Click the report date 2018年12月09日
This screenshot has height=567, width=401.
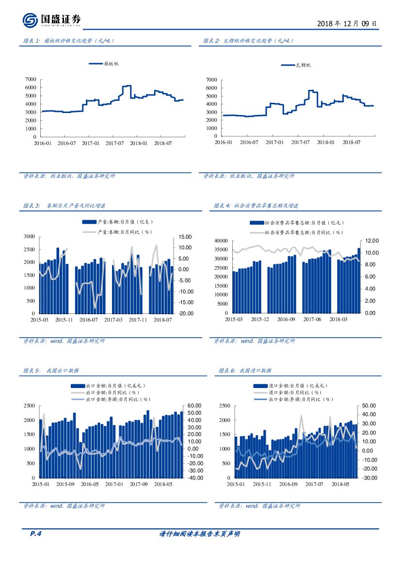tap(346, 23)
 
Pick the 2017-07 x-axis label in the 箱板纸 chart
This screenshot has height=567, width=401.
tap(115, 144)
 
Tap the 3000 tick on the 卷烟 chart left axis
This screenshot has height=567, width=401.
tap(29, 236)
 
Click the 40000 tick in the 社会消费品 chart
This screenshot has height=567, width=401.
tap(220, 241)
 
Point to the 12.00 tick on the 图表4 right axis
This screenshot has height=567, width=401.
tap(371, 241)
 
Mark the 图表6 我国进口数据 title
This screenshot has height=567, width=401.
tap(245, 371)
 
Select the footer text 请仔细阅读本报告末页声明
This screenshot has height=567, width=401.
tap(200, 534)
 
